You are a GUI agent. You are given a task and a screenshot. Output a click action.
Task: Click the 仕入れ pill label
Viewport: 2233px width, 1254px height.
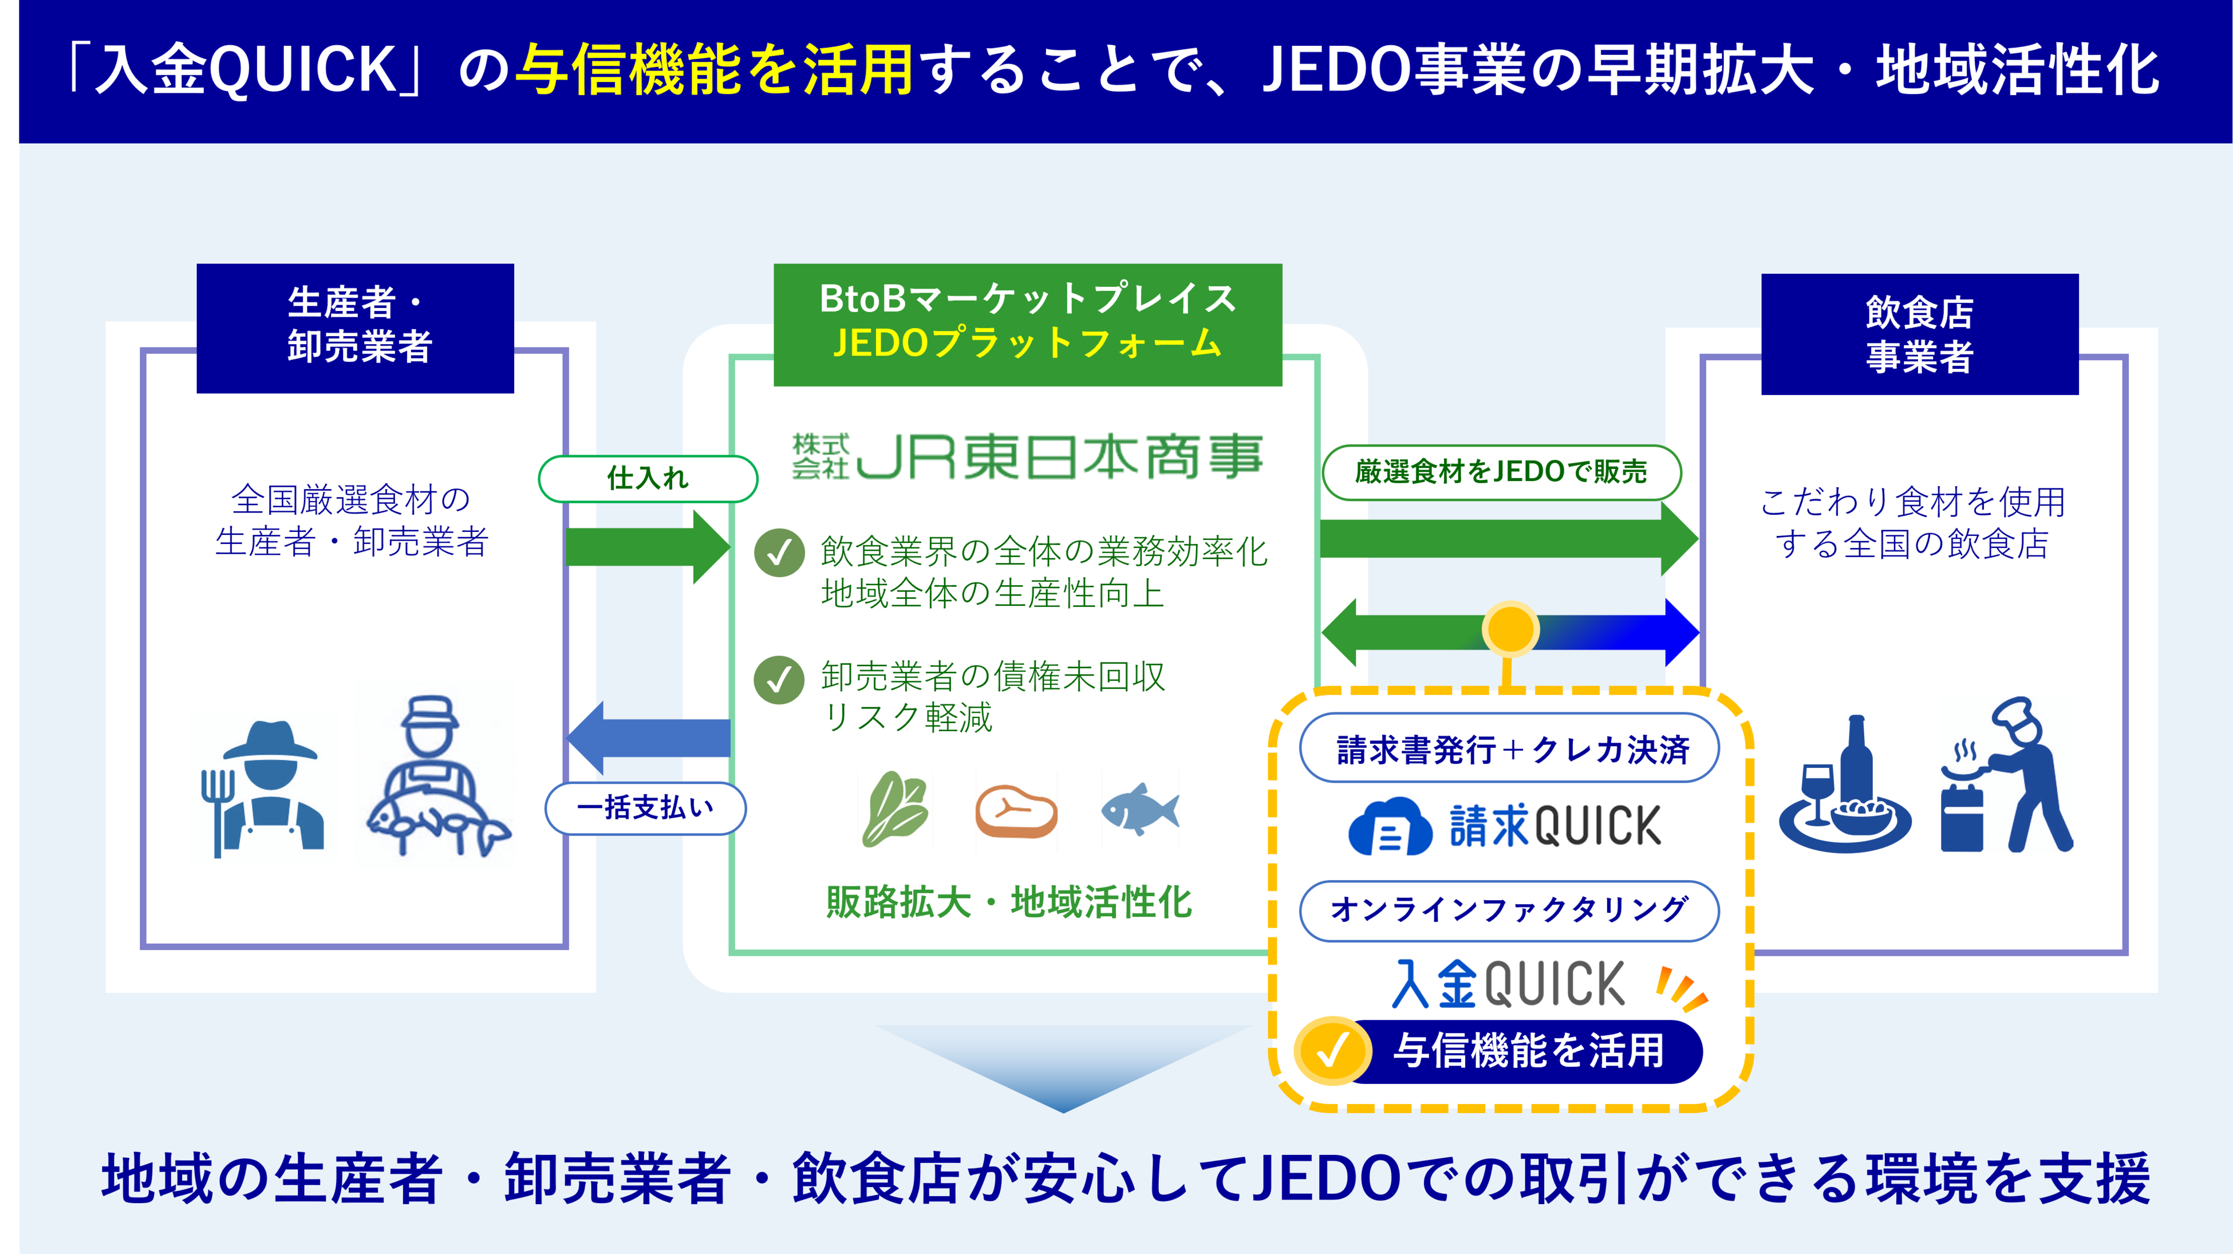648,478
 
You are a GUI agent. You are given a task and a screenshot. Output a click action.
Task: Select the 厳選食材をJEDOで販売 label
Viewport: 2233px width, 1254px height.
1501,472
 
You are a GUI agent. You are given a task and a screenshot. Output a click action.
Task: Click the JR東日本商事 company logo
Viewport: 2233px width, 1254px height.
1027,457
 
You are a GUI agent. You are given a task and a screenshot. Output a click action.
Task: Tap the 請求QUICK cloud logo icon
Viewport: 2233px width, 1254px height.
1388,827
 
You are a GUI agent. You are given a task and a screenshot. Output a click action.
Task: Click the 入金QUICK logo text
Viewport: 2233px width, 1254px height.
1508,984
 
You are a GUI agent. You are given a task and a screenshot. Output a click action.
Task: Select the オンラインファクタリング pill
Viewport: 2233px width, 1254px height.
1508,910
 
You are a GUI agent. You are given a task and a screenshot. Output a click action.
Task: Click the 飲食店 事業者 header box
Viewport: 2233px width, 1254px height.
1919,334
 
